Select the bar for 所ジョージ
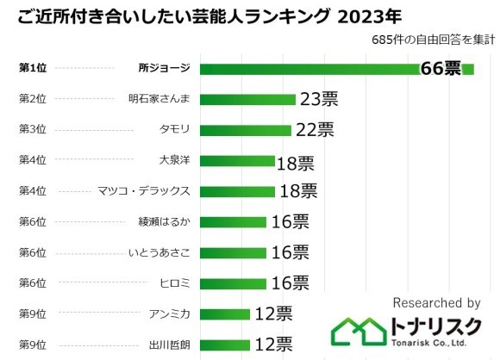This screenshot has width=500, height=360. (x=310, y=69)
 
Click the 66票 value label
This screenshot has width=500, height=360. (x=441, y=69)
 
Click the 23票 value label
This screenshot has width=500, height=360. (x=319, y=99)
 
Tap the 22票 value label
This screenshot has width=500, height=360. (x=314, y=130)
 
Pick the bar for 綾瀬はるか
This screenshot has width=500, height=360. (x=234, y=221)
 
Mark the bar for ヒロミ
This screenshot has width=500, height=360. (x=234, y=282)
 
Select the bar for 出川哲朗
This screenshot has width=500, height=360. (x=225, y=344)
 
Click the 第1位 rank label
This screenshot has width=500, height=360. (x=32, y=69)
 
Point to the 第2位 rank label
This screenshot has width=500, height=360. (x=32, y=99)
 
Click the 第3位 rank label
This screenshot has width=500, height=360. (x=32, y=130)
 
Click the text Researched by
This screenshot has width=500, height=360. (x=436, y=303)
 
